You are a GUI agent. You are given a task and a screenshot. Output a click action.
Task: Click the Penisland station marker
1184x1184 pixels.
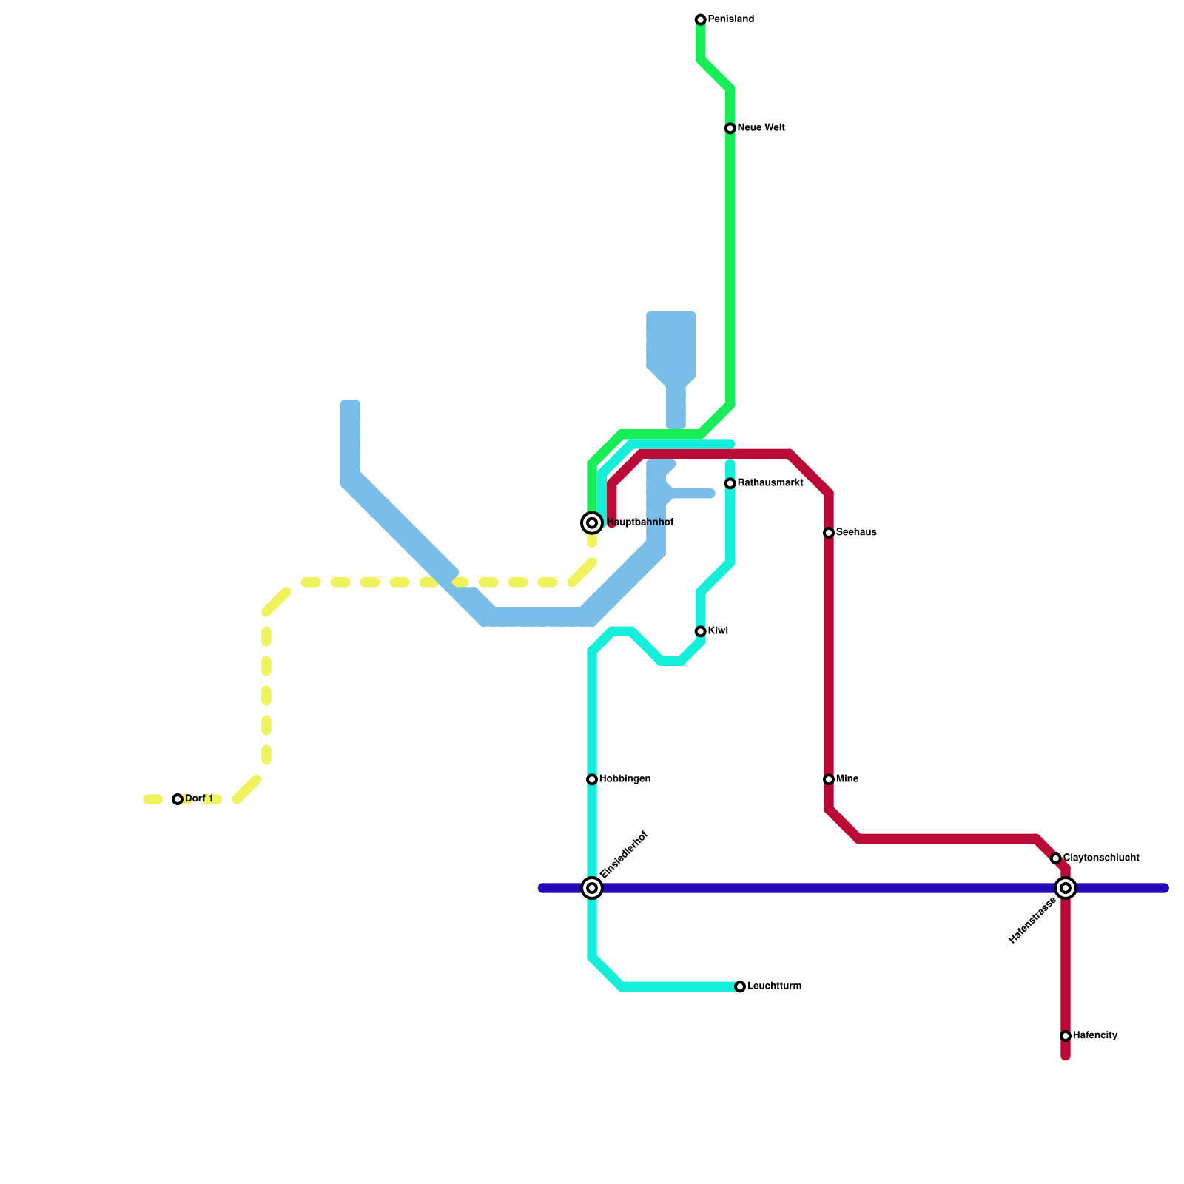click(700, 20)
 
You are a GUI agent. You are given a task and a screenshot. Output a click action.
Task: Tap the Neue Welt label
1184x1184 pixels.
click(761, 128)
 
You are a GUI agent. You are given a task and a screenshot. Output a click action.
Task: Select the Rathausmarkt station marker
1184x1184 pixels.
click(730, 484)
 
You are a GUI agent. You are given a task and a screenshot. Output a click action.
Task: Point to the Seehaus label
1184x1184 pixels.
click(856, 533)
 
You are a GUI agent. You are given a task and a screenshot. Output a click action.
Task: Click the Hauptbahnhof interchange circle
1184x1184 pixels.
click(592, 523)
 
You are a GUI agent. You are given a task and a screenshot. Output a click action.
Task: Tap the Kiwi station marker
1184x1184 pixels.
click(700, 632)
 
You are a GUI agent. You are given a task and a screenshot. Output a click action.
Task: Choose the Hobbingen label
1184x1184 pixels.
click(625, 779)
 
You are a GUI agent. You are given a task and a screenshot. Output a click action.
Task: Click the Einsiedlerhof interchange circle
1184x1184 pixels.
click(592, 888)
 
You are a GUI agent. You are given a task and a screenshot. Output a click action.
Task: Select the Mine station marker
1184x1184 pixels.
click(829, 780)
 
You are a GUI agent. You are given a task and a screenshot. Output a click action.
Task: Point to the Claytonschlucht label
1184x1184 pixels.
click(1100, 858)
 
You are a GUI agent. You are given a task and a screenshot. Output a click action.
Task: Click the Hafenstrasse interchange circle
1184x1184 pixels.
click(1066, 888)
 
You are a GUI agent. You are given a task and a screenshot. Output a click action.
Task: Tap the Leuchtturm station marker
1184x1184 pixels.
click(740, 987)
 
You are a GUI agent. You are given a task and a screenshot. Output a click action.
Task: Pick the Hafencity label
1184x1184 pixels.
click(1094, 1036)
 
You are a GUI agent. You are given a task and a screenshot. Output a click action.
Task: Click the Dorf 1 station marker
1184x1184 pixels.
click(178, 799)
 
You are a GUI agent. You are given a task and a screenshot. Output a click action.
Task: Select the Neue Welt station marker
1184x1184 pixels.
click(730, 129)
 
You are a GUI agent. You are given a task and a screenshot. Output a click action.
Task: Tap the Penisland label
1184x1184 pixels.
click(730, 19)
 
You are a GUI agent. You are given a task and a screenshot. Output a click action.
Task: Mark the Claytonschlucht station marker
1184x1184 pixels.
click(1056, 858)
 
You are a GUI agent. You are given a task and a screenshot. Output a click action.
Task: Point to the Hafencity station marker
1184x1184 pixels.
click(1066, 1036)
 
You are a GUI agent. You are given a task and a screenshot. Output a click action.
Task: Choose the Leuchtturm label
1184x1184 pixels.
click(774, 986)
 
